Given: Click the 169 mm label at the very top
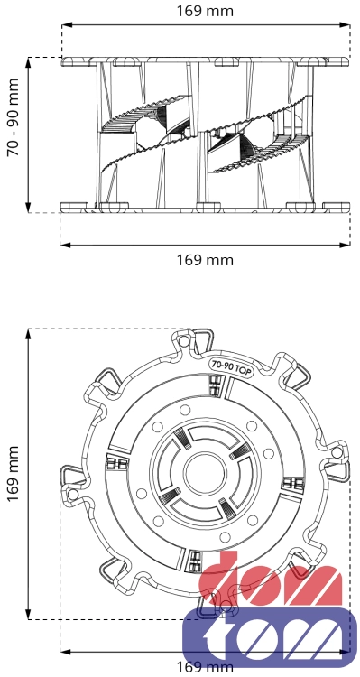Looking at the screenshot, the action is tap(205, 11).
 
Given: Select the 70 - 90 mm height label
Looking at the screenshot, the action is tap(14, 117).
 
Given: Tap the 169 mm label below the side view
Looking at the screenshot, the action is tap(205, 260).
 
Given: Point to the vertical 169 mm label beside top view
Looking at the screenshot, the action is tap(14, 474).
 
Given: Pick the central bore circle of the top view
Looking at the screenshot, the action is tap(205, 475).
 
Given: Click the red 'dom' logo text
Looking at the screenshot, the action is tap(270, 579).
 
